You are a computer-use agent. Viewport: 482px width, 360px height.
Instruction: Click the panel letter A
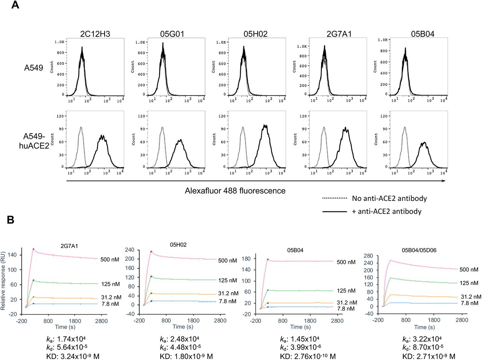pyautogui.click(x=15, y=5)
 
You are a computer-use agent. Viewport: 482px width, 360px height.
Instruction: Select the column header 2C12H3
pyautogui.click(x=95, y=34)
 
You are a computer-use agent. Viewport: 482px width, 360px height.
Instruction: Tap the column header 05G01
pyautogui.click(x=172, y=34)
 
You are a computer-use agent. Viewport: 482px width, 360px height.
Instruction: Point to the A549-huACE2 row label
pyautogui.click(x=34, y=141)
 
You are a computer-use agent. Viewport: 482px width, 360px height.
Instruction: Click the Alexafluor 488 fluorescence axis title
pyautogui.click(x=235, y=191)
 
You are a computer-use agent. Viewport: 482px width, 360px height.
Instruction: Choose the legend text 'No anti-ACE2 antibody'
pyautogui.click(x=389, y=198)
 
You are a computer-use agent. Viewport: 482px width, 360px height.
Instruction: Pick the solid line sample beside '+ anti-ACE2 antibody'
pyautogui.click(x=334, y=211)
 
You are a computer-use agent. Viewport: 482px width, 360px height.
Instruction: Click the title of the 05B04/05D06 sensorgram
pyautogui.click(x=419, y=250)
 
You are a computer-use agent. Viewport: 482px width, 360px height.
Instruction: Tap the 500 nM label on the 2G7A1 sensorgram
pyautogui.click(x=110, y=260)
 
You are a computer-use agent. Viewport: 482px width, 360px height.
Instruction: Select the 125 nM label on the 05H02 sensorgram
pyautogui.click(x=227, y=280)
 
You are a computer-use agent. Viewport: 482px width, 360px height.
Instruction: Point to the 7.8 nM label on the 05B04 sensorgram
pyautogui.click(x=346, y=309)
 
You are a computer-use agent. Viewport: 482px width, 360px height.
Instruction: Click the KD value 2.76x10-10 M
pyautogui.click(x=308, y=356)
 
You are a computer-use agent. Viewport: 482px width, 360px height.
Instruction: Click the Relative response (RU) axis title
pyautogui.click(x=3, y=281)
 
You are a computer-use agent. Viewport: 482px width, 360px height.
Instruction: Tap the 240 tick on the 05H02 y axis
pyautogui.click(x=130, y=250)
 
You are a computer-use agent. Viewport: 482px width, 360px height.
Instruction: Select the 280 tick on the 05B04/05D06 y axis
pyautogui.click(x=368, y=256)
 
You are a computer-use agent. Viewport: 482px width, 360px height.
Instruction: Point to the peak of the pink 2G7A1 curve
pyautogui.click(x=33, y=249)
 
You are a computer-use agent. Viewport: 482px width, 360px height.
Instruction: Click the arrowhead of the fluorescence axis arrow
pyautogui.click(x=444, y=181)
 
